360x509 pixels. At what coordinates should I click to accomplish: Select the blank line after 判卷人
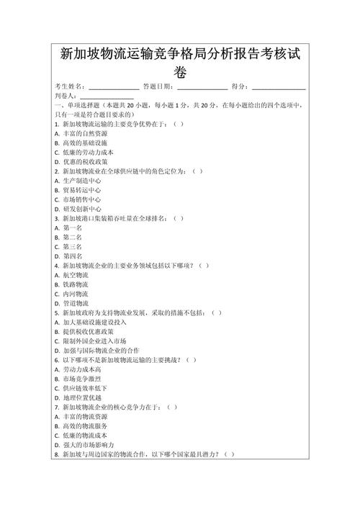(x=106, y=96)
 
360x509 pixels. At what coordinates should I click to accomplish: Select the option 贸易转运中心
(x=80, y=190)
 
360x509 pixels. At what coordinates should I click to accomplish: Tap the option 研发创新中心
(x=80, y=209)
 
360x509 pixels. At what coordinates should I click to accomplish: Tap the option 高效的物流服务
(x=84, y=426)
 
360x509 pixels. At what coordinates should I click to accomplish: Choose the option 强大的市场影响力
(x=89, y=445)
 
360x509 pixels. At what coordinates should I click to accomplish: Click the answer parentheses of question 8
(x=228, y=454)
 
